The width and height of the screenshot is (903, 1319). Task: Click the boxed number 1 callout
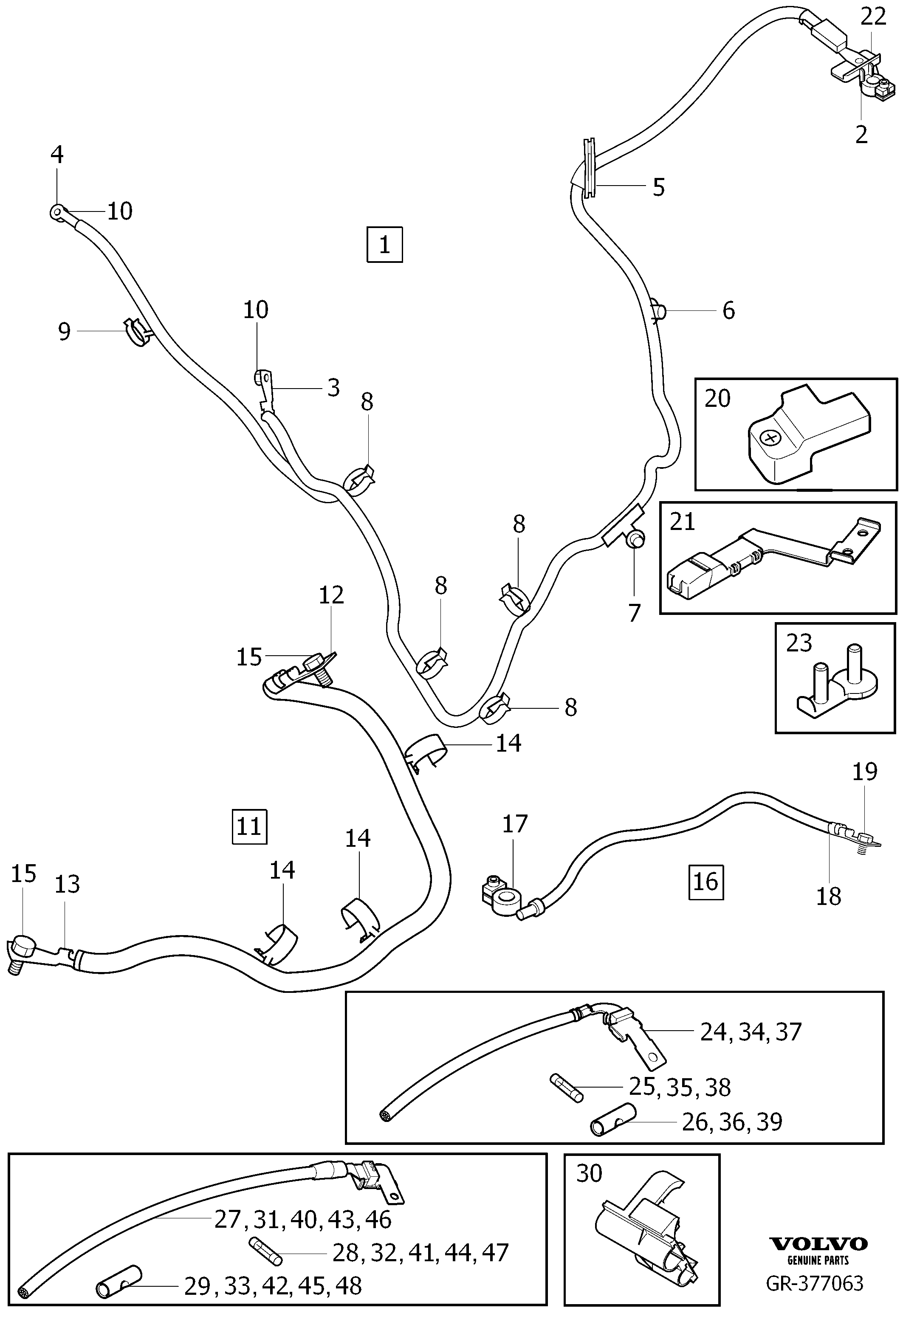(x=385, y=245)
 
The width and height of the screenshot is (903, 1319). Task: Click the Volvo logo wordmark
(x=818, y=1244)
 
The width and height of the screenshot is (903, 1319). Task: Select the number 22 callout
(x=873, y=17)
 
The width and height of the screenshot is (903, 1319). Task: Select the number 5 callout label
(x=658, y=187)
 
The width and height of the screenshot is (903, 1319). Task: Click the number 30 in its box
(x=589, y=1173)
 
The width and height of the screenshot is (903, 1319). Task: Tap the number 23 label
(x=799, y=643)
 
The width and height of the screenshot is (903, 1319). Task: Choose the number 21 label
(x=682, y=521)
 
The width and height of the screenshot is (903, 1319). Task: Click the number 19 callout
(x=864, y=771)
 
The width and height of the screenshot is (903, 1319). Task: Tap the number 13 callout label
(x=67, y=884)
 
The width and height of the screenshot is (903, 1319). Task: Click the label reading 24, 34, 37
(x=751, y=1032)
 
